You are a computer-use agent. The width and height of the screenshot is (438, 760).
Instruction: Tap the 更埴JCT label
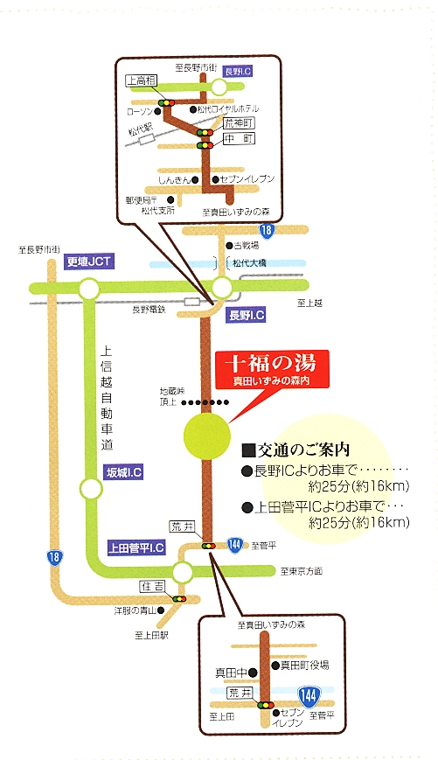pos(88,261)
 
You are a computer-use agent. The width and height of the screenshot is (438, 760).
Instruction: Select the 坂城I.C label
pos(124,472)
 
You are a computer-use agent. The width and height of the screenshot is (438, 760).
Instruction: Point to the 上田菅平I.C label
pos(136,547)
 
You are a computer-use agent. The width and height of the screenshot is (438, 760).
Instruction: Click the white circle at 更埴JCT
pos(88,289)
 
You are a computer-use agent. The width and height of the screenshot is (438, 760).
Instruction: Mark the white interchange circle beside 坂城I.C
pos(91,489)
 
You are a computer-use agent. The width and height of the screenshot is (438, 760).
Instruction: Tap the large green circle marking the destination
pos(206,436)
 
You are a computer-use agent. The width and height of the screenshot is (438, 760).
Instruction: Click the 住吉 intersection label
pos(152,587)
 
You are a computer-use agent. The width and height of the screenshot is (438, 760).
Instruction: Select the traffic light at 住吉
pos(178,599)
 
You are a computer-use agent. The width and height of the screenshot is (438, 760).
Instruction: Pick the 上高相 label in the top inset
pos(141,81)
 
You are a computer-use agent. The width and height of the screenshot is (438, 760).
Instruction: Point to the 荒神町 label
pos(240,122)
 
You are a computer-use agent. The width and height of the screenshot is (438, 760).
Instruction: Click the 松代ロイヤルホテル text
pos(227,109)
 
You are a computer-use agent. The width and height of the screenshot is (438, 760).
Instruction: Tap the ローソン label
pos(140,112)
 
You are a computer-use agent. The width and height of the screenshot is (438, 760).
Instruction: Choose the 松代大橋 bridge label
pos(249,263)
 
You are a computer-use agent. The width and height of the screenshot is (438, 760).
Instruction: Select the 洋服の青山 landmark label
pos(136,610)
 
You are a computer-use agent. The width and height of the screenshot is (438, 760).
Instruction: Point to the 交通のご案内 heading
pos(295,450)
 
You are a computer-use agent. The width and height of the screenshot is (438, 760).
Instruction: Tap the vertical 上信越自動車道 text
pos(107,398)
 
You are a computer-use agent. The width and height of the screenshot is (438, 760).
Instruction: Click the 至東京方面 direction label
pos(302,571)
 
